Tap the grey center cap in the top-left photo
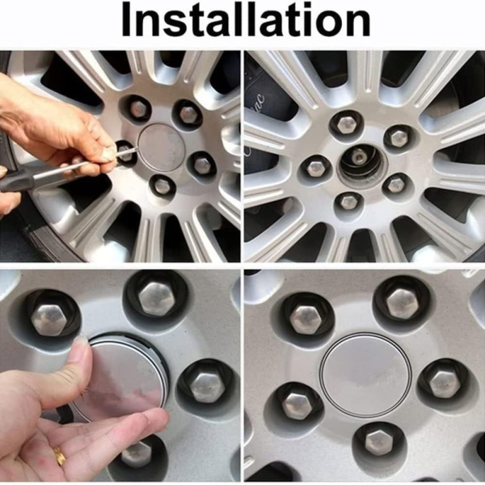point(162,148)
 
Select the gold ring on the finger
point(60,455)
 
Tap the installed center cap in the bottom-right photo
point(366,375)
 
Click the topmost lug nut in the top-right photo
point(346,124)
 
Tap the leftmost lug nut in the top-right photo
point(315,168)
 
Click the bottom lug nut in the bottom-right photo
point(379,441)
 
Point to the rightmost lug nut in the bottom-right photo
point(443,383)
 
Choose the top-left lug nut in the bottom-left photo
point(48,320)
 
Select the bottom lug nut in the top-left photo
point(162,186)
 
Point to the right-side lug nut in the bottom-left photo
point(206,387)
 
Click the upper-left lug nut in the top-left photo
point(138,108)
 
